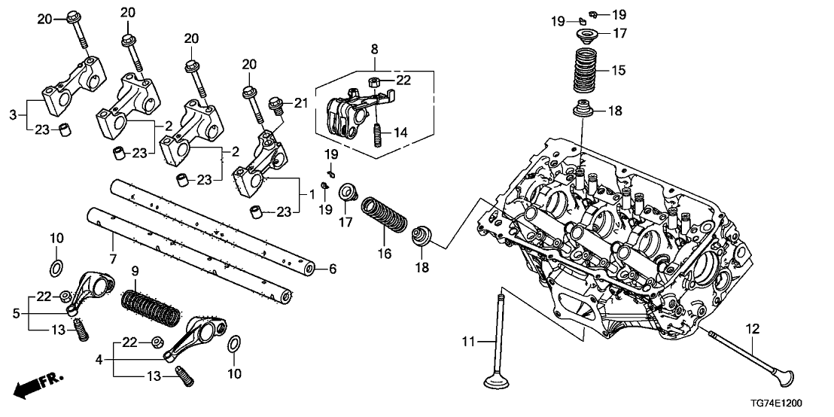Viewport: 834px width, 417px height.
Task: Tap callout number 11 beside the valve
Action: pos(468,343)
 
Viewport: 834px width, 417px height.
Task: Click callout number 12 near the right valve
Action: pos(753,329)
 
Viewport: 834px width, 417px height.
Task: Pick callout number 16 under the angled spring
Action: pos(385,254)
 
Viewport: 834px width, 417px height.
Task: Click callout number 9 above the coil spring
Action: pos(135,269)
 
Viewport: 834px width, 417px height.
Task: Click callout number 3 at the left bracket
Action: pos(13,114)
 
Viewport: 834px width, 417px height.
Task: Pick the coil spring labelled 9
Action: pos(150,306)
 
